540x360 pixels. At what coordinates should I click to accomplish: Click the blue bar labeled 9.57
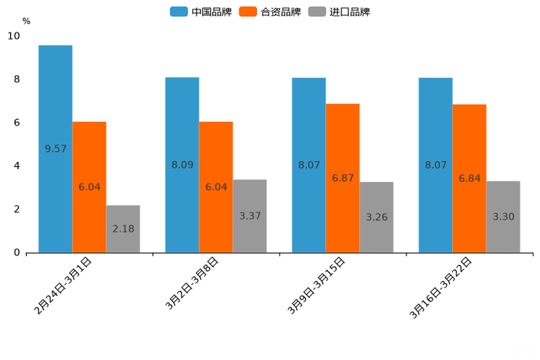click(55, 149)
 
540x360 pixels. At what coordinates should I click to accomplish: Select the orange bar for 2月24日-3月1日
click(89, 187)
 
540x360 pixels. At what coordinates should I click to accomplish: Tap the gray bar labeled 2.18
click(123, 229)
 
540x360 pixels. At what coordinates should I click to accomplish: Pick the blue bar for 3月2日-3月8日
click(182, 165)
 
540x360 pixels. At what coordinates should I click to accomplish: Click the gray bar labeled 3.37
click(250, 216)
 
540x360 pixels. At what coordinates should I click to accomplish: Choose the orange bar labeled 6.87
click(343, 178)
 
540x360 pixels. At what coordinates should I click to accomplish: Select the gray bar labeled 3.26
click(376, 217)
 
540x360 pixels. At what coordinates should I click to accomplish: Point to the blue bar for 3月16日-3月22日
click(435, 165)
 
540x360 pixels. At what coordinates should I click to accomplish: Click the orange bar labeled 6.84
click(470, 179)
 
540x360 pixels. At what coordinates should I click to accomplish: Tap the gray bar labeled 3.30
click(503, 216)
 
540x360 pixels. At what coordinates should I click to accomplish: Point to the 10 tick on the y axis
click(13, 36)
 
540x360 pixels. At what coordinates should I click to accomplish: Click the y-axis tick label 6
click(17, 123)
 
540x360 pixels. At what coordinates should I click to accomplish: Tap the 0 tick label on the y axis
click(17, 253)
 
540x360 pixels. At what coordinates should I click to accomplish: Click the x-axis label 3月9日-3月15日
click(317, 286)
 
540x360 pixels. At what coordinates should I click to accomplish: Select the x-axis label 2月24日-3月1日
click(63, 286)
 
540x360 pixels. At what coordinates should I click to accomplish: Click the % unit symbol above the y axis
click(26, 21)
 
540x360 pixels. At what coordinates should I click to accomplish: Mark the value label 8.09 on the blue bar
click(182, 165)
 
